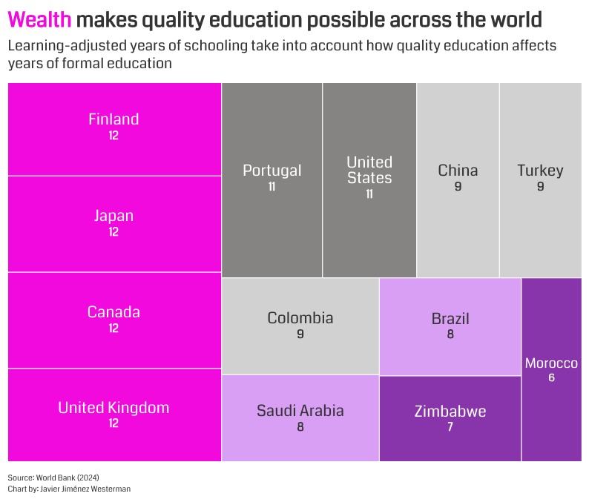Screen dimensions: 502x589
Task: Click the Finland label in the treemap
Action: coord(113,119)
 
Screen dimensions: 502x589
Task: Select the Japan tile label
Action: coord(113,216)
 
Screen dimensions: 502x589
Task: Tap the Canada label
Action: coord(113,312)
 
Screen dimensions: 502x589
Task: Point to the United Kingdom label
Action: coord(113,408)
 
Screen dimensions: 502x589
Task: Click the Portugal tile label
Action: coord(272,171)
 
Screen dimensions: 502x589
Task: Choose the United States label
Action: coord(369,170)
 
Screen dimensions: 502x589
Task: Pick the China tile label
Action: coord(458,171)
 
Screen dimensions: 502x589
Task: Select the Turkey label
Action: coord(540,171)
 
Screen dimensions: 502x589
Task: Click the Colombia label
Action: coord(300,318)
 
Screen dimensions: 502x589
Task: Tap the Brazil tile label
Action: coord(450,319)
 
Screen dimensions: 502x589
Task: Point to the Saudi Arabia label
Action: coord(300,411)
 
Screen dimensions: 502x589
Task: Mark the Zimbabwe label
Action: coord(450,412)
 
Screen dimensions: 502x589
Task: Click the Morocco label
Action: coord(551,363)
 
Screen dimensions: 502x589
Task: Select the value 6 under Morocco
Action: coord(551,378)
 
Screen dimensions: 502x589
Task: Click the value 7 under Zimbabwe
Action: coord(450,427)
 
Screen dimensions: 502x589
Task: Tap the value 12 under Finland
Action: coord(113,136)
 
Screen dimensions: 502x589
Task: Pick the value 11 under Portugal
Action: coord(272,187)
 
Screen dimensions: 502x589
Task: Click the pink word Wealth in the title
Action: coord(39,19)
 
